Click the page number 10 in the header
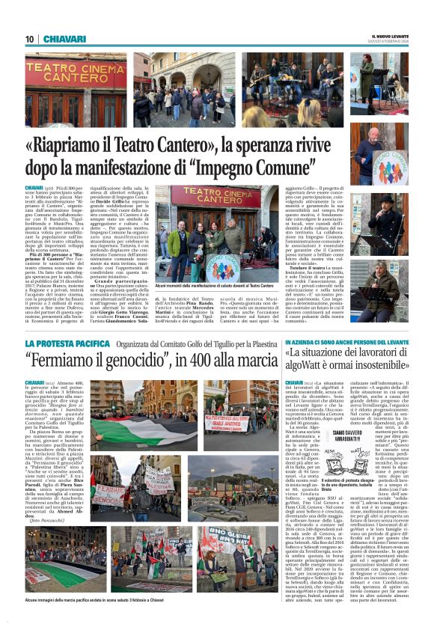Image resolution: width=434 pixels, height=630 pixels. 30,39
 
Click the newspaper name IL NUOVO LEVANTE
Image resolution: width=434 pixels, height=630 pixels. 389,35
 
